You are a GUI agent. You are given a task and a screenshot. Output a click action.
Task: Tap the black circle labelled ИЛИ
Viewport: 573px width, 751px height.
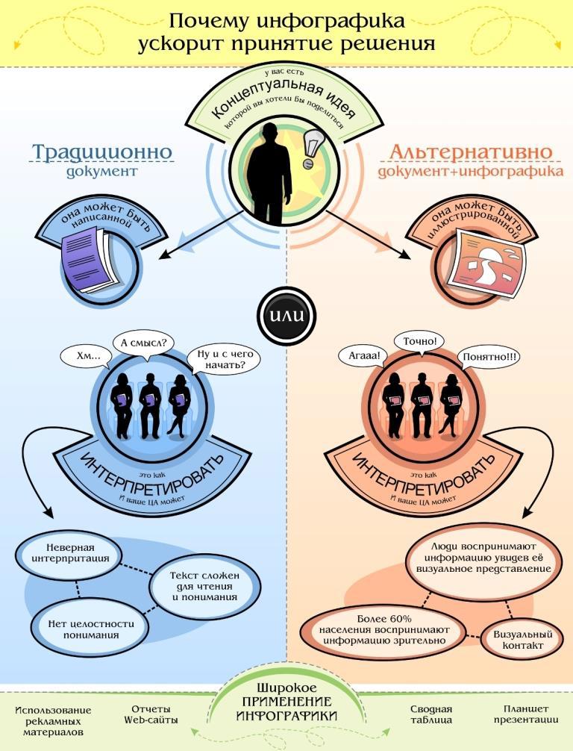pyautogui.click(x=286, y=314)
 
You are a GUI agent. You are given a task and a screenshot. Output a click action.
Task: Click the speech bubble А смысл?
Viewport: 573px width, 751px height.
pyautogui.click(x=143, y=343)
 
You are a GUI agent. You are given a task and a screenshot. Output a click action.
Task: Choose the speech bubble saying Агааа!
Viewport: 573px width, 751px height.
pyautogui.click(x=364, y=356)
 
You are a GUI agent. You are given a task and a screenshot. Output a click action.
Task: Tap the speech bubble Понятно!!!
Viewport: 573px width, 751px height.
pyautogui.click(x=489, y=357)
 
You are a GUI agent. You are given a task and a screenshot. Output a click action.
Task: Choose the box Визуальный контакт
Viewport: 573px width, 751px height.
pyautogui.click(x=517, y=640)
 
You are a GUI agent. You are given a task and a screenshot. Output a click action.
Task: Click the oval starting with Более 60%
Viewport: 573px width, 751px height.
pyautogui.click(x=383, y=629)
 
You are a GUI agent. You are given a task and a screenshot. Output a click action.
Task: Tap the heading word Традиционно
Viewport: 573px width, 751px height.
pyautogui.click(x=102, y=152)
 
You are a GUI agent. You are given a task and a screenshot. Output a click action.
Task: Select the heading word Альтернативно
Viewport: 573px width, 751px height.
pyautogui.click(x=471, y=152)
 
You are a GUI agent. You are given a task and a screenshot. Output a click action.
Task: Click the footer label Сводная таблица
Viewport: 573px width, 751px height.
pyautogui.click(x=430, y=714)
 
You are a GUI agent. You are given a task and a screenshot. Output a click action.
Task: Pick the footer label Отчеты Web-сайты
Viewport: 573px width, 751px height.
pyautogui.click(x=151, y=714)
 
